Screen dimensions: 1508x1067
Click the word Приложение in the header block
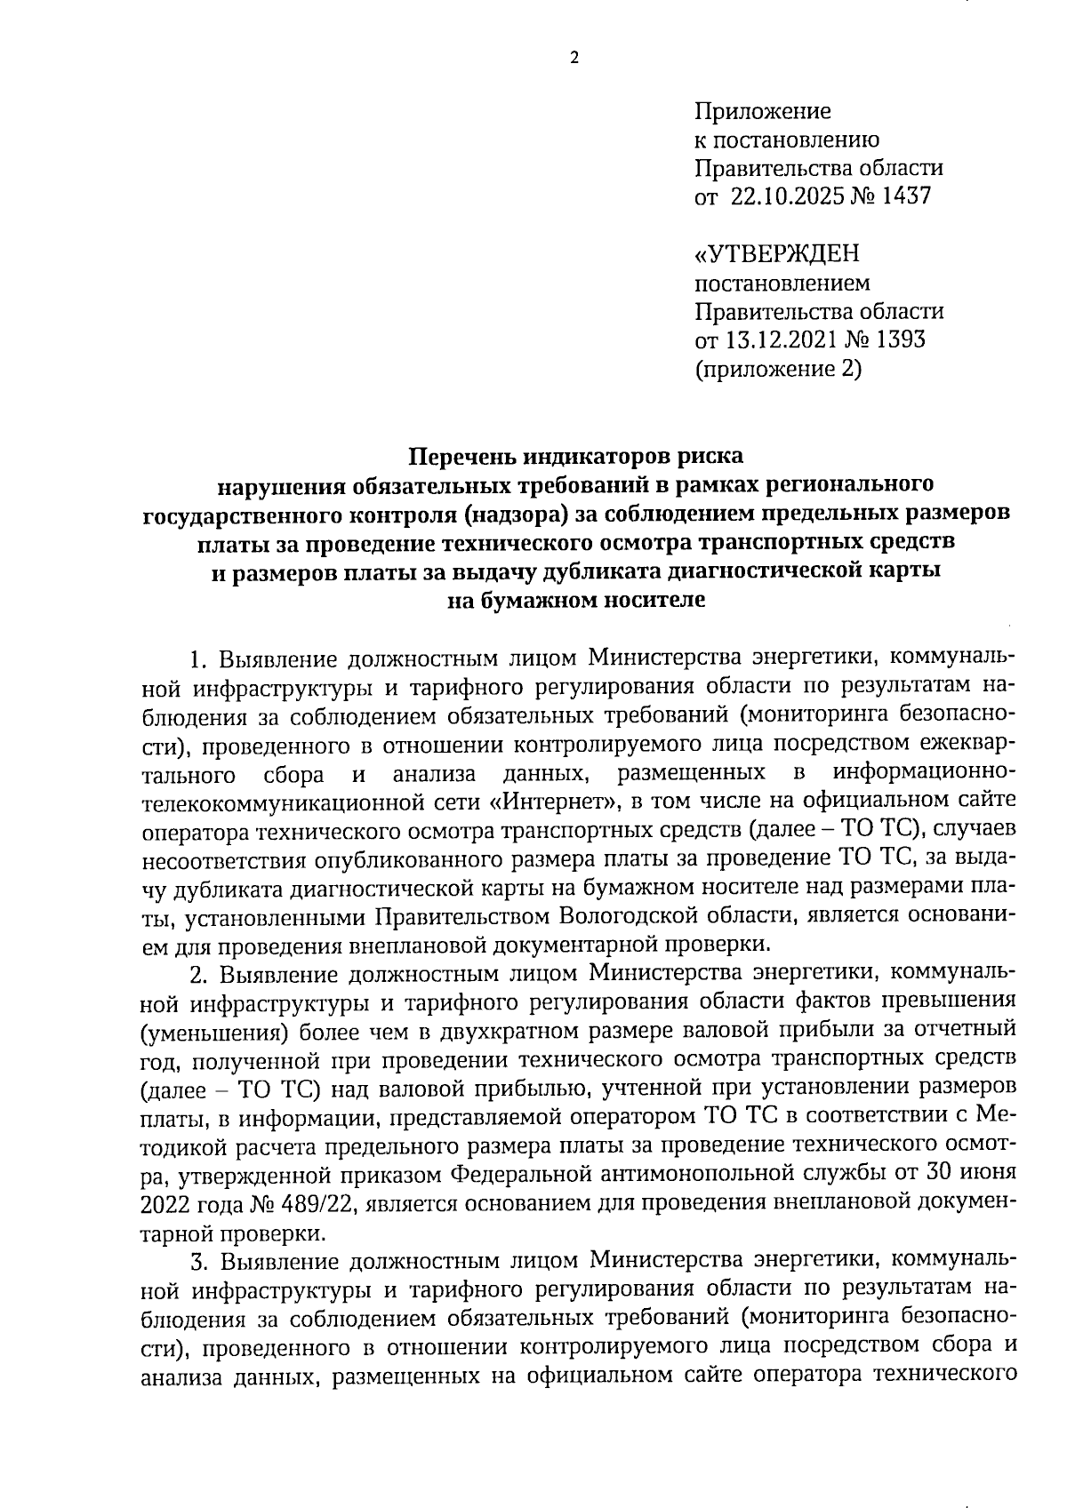coord(762,112)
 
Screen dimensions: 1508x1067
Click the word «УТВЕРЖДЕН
coord(776,254)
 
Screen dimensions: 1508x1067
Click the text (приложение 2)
coord(778,368)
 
